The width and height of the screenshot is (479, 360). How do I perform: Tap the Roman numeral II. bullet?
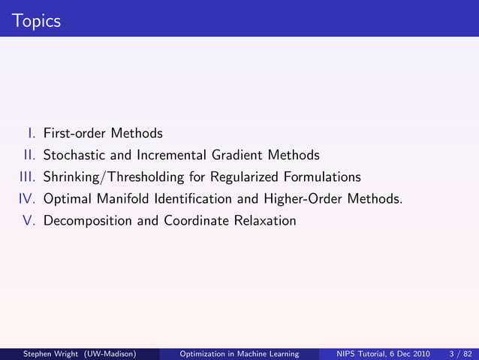tap(29, 156)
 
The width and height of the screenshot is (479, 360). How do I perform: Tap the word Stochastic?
tap(71, 156)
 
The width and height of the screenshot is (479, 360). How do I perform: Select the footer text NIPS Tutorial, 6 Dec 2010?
tap(377, 353)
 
